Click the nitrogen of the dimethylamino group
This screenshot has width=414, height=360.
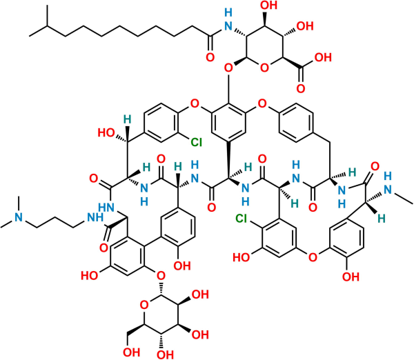tap(19, 217)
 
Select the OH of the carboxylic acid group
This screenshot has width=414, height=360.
tap(324, 57)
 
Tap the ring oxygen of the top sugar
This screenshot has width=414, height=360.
tap(264, 68)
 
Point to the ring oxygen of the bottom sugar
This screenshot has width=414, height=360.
tap(144, 306)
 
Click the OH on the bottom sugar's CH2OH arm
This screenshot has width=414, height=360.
tap(131, 352)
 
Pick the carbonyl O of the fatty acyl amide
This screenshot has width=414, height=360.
tap(210, 57)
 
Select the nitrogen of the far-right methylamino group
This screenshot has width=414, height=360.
tap(388, 190)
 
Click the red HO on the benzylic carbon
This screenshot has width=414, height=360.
tap(106, 132)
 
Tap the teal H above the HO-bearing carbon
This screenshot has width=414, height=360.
tap(128, 119)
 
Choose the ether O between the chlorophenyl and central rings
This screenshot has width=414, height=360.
tap(195, 103)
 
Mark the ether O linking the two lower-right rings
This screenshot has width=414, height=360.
tap(313, 257)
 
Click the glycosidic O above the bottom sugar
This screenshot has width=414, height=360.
tap(161, 276)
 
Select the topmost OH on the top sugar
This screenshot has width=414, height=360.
tap(269, 6)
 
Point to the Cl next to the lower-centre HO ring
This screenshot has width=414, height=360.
tap(241, 218)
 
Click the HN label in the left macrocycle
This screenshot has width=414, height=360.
tap(106, 208)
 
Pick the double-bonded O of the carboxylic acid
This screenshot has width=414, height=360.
tap(301, 89)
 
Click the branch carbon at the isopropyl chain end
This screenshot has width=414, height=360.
tap(47, 26)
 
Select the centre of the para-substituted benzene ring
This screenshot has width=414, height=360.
tap(296, 123)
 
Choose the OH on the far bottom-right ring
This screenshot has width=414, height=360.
tap(351, 277)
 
